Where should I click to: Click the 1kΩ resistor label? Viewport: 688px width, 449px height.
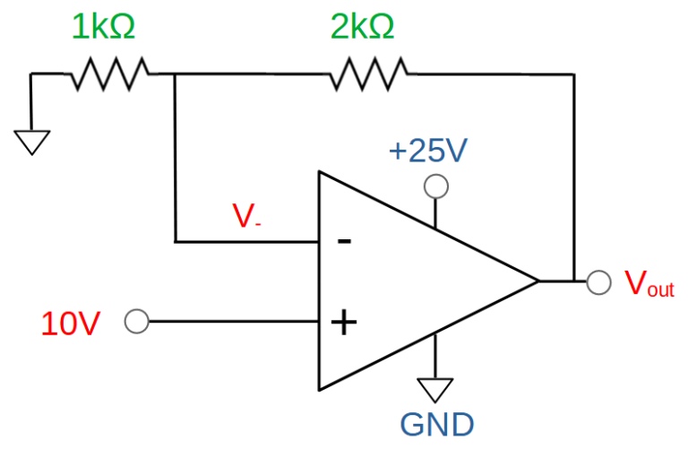[104, 27]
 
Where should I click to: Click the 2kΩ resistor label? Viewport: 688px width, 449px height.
[363, 27]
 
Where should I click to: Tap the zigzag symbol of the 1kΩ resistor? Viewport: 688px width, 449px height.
[109, 73]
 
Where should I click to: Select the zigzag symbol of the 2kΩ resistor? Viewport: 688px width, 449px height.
[368, 73]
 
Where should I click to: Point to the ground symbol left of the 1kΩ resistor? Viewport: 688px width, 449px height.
[31, 142]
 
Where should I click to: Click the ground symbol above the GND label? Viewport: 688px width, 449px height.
[435, 390]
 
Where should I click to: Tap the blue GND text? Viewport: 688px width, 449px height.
[437, 425]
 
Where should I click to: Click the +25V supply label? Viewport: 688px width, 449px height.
[428, 151]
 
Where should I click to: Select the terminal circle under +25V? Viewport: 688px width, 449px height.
[436, 186]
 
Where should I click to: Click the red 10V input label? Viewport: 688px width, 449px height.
[71, 324]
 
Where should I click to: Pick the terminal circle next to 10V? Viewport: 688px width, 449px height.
[137, 321]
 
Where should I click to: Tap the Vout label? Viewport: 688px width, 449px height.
[649, 283]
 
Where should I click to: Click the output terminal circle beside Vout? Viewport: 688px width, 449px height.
[599, 282]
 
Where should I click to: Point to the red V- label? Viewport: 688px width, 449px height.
[246, 216]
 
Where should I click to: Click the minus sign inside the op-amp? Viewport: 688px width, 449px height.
[344, 240]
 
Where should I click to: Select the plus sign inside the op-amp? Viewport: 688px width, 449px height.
[344, 323]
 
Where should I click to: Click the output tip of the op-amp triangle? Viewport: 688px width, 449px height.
[538, 281]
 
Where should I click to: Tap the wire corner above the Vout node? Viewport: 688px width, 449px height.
[573, 74]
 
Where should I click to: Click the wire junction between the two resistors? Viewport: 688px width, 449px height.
[175, 74]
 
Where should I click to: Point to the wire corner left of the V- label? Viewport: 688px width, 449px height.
[176, 241]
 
